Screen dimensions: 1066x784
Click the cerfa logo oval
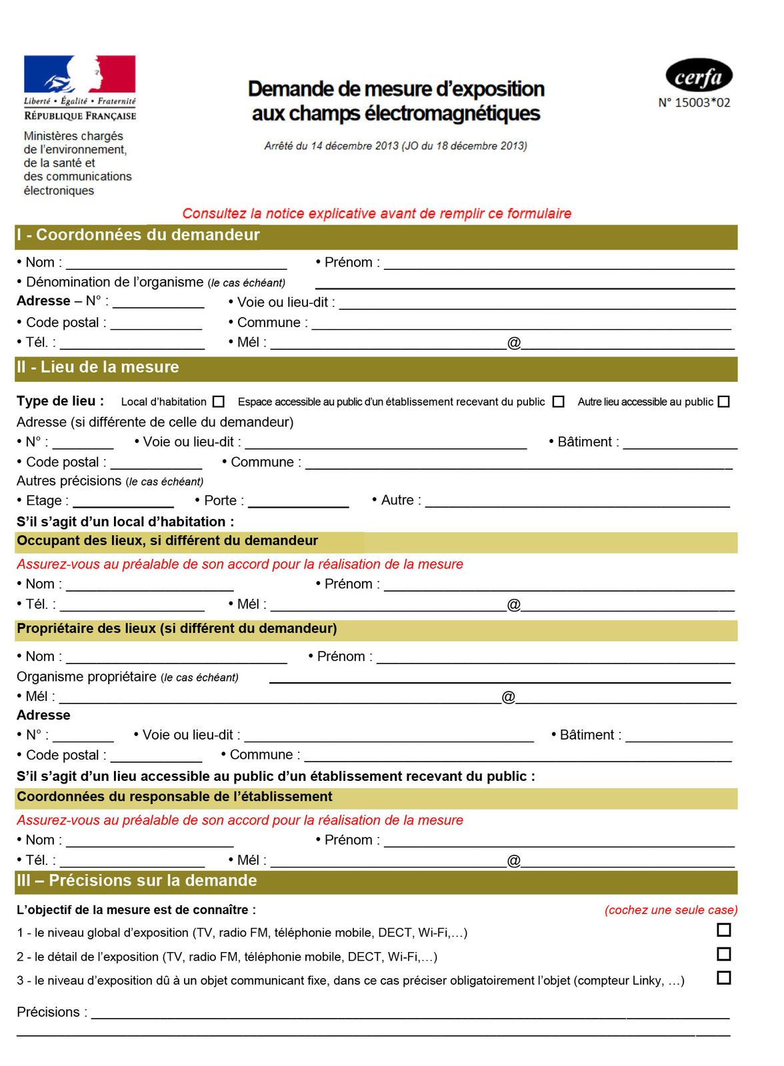pyautogui.click(x=699, y=76)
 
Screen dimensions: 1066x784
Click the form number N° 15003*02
pyautogui.click(x=694, y=103)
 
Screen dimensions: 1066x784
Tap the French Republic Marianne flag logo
pyautogui.click(x=79, y=74)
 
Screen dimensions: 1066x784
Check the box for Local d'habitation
pyautogui.click(x=219, y=402)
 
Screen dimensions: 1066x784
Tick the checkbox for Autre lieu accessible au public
pyautogui.click(x=724, y=402)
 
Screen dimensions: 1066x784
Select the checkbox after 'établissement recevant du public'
pyautogui.click(x=559, y=402)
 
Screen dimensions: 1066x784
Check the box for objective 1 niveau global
pyautogui.click(x=723, y=930)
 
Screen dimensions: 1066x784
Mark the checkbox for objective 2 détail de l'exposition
pyautogui.click(x=723, y=954)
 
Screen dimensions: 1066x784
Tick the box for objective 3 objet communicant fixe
pyautogui.click(x=723, y=978)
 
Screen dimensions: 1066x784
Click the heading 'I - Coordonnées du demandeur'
pyautogui.click(x=138, y=235)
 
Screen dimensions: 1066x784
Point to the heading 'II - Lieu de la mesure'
pyautogui.click(x=98, y=367)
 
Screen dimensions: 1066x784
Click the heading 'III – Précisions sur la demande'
pyautogui.click(x=137, y=881)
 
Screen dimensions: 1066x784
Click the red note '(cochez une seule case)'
pyautogui.click(x=671, y=910)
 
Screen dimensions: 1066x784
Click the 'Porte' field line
pyautogui.click(x=298, y=503)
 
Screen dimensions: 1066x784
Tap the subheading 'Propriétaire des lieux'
pyautogui.click(x=177, y=628)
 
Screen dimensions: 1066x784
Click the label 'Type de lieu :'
pyautogui.click(x=60, y=401)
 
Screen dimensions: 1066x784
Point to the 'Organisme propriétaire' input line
pyautogui.click(x=499, y=679)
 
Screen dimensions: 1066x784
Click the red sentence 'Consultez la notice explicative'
pyautogui.click(x=377, y=214)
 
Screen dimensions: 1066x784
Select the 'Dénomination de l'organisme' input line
pyautogui.click(x=525, y=284)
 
